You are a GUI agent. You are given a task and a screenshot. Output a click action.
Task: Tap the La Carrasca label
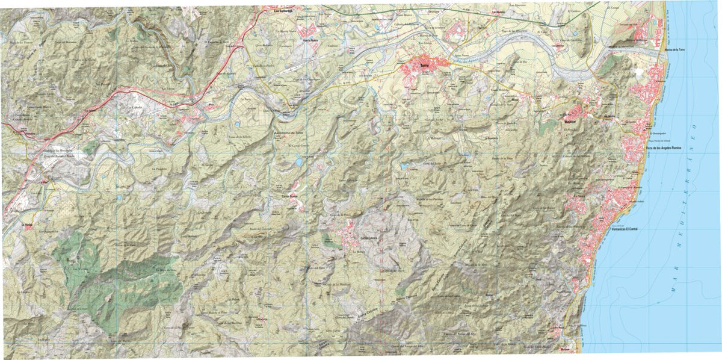[262, 319]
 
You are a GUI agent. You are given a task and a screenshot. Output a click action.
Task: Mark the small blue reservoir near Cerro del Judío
[404, 165]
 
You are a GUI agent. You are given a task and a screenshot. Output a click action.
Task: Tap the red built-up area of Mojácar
[578, 112]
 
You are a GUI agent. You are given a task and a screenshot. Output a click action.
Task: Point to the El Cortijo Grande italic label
[298, 146]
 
